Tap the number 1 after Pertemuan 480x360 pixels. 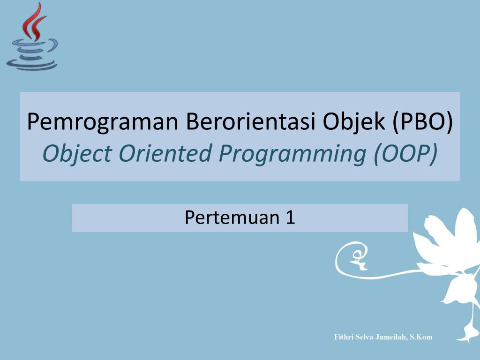click(290, 217)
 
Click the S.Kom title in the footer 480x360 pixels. click(421, 337)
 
